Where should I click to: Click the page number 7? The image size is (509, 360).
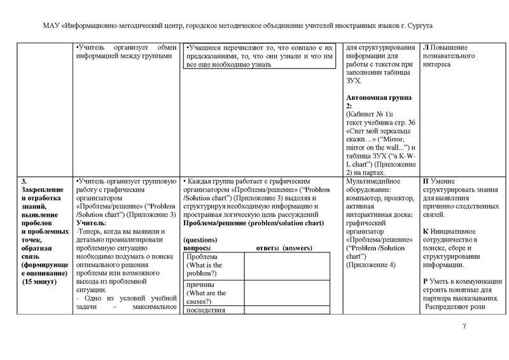point(464,327)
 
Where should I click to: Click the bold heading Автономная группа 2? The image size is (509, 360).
point(378,101)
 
